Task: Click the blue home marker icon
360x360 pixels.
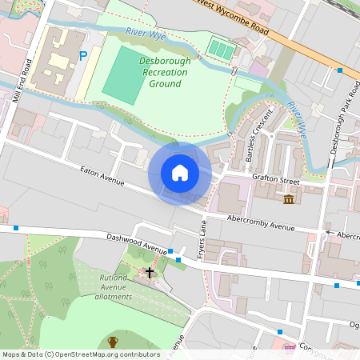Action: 180,172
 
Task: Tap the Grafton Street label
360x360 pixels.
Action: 274,181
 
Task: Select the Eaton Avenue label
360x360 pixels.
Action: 102,176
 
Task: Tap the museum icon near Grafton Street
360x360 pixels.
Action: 287,199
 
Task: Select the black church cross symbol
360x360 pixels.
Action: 148,273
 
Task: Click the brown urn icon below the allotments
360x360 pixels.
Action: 113,342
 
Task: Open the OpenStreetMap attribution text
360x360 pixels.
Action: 80,354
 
